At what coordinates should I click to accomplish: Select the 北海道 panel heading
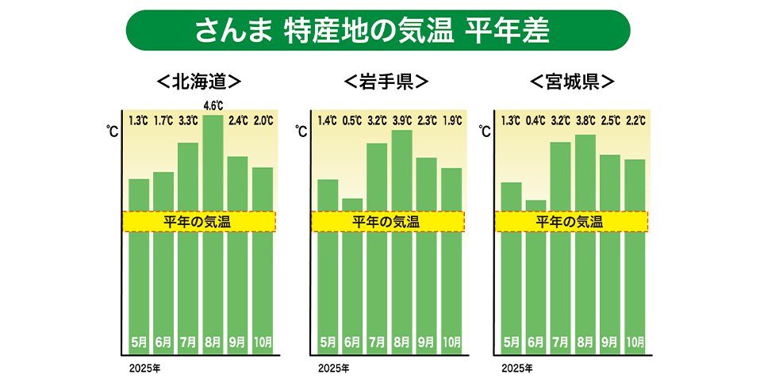[198, 82]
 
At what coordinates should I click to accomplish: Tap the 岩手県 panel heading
[386, 82]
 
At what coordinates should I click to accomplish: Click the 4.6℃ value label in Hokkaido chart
[213, 105]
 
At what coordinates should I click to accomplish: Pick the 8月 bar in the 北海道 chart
[213, 277]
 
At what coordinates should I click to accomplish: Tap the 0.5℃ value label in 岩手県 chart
[352, 121]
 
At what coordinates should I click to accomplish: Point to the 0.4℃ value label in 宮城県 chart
[535, 121]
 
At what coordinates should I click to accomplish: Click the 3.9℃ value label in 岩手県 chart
[401, 121]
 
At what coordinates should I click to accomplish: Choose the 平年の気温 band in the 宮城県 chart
[570, 222]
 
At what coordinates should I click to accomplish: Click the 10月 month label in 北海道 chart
[263, 343]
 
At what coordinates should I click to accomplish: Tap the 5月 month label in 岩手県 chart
[327, 343]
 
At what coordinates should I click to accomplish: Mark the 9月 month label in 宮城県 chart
[610, 343]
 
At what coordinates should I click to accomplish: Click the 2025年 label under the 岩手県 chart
[333, 368]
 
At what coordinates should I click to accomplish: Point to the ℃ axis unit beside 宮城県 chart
[485, 131]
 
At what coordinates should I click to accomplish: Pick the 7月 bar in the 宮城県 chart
[560, 277]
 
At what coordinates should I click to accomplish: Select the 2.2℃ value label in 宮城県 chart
[635, 121]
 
